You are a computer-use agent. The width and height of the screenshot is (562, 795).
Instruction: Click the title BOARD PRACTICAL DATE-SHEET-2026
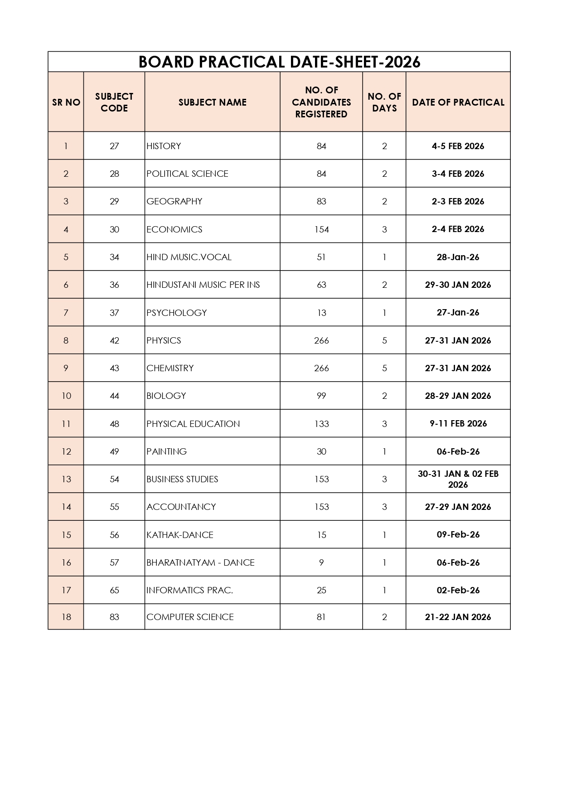(x=279, y=62)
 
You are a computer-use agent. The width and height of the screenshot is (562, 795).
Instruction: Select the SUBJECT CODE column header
(x=114, y=102)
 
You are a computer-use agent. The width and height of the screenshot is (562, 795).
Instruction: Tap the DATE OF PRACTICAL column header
(x=458, y=102)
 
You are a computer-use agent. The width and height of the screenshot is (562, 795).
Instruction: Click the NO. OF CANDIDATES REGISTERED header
(x=321, y=102)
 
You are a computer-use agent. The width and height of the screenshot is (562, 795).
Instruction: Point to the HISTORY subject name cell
(x=164, y=146)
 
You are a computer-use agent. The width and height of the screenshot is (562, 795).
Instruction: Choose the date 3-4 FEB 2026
(x=458, y=174)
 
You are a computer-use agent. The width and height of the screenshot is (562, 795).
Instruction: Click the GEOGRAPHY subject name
(x=174, y=201)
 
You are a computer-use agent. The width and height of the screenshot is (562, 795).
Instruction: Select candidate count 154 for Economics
(x=321, y=229)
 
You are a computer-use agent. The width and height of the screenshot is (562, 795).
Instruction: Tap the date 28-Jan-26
(x=458, y=257)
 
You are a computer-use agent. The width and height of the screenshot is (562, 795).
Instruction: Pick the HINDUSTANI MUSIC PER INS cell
(x=203, y=285)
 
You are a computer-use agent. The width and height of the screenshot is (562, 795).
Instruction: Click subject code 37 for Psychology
(x=114, y=313)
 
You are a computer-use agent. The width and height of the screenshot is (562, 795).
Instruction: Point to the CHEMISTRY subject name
(x=170, y=368)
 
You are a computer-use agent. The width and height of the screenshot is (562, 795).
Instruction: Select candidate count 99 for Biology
(x=321, y=396)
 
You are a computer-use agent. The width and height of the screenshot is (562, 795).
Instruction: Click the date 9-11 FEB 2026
(x=458, y=423)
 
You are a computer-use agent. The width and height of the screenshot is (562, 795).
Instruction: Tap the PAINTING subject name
(x=166, y=451)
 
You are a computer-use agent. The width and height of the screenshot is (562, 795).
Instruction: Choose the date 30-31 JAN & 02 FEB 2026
(x=458, y=479)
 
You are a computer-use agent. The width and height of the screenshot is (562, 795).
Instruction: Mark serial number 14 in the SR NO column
(x=66, y=507)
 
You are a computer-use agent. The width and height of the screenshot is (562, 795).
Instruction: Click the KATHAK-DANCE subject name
(x=179, y=535)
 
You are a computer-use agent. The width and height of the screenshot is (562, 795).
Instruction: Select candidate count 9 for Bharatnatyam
(x=321, y=562)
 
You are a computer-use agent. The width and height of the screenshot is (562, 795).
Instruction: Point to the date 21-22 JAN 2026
(x=458, y=617)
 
